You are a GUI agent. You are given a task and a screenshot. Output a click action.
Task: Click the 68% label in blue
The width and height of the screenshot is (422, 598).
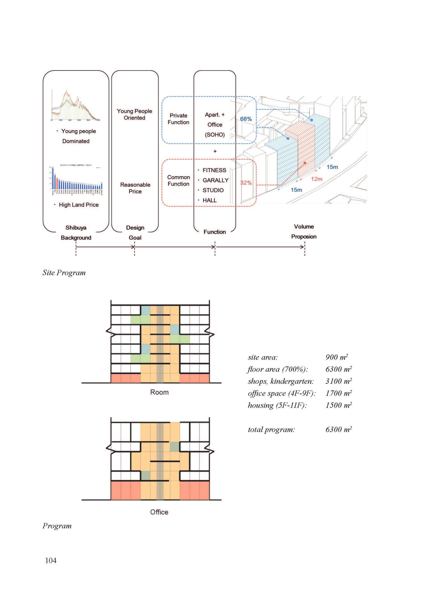click(246, 119)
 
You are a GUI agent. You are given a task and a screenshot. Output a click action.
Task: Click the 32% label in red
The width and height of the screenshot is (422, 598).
click(246, 183)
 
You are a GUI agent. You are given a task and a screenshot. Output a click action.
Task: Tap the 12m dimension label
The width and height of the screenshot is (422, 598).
click(316, 179)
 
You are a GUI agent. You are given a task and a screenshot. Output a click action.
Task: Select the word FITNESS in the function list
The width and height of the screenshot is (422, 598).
click(214, 170)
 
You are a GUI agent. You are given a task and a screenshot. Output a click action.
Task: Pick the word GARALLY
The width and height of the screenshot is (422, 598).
click(215, 180)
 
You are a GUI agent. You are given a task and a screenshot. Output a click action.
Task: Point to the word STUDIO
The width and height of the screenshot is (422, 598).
click(213, 190)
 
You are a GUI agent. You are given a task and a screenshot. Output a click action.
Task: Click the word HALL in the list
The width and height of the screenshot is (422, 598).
click(209, 200)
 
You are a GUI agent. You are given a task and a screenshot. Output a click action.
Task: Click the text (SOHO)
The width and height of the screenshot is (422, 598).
click(215, 135)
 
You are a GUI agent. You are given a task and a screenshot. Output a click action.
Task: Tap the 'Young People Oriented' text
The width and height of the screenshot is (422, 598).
click(134, 114)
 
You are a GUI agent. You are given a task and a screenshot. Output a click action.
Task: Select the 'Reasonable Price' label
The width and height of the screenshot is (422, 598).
click(135, 188)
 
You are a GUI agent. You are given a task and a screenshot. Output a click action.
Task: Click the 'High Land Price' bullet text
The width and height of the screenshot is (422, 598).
click(79, 205)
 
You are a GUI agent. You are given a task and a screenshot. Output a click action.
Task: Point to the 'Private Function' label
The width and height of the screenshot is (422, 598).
click(178, 119)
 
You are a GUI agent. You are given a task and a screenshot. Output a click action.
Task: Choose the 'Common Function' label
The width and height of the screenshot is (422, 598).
click(178, 181)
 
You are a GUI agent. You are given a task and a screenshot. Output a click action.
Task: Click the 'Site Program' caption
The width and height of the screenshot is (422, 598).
click(64, 273)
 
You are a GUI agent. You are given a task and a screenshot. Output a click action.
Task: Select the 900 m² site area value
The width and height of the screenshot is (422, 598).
click(336, 357)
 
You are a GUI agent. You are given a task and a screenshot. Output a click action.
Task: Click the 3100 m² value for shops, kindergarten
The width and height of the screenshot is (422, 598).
click(338, 381)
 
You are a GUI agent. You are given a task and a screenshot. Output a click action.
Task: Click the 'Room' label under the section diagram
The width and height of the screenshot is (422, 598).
click(159, 392)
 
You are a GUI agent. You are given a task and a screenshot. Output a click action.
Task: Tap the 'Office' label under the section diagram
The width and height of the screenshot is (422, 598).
click(159, 512)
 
